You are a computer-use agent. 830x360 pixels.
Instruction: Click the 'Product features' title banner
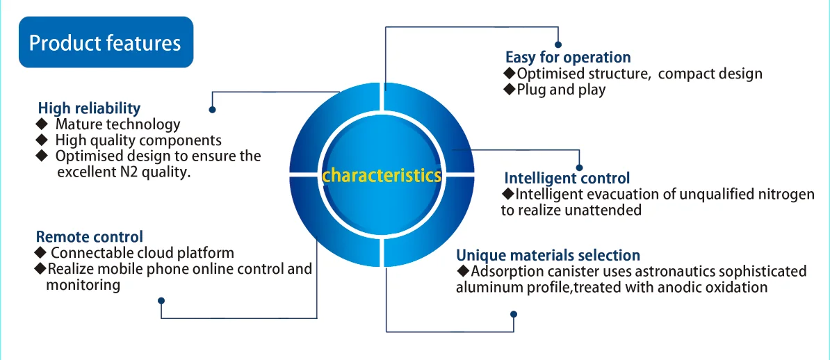coord(105,43)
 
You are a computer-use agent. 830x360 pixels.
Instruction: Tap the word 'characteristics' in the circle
coord(382,175)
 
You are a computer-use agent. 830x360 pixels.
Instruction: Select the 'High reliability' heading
coord(89,108)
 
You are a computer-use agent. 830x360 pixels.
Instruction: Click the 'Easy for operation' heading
coord(568,57)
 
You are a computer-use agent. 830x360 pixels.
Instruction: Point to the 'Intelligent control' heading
coord(567,178)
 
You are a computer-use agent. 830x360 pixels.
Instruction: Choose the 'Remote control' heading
coord(90,236)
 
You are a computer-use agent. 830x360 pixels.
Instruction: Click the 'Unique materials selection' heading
coord(548,255)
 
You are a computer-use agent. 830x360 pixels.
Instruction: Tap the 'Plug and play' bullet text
coord(561,90)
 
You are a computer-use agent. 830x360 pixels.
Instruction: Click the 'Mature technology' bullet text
coord(117,124)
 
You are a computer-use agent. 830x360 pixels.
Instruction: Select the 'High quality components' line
coord(138,140)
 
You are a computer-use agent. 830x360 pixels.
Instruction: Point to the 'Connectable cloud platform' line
coord(143,252)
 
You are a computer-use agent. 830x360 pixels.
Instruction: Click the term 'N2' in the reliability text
coord(129,172)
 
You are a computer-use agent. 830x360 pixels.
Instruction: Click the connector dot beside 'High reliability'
coord(212,109)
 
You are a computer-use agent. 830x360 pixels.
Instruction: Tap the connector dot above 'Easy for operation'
coord(558,44)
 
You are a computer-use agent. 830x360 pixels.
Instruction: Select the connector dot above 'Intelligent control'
coord(580,166)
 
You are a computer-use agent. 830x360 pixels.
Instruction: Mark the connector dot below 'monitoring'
coord(161,301)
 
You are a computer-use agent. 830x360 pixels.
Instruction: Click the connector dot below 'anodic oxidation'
coord(514,313)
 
